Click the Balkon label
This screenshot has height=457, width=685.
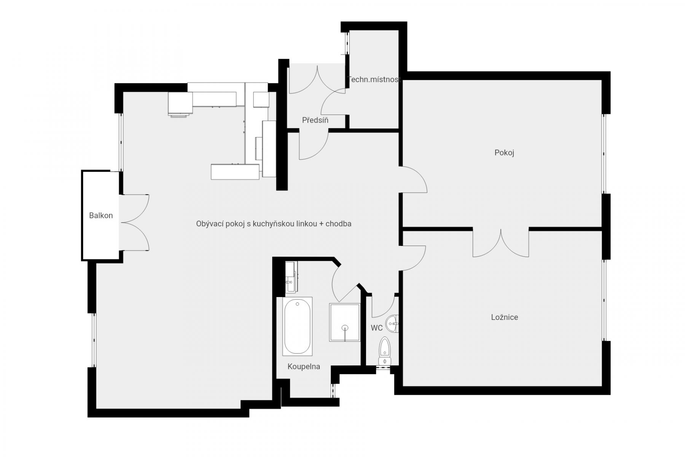click(101, 216)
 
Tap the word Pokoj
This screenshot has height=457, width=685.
click(504, 153)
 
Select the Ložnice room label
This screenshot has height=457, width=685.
click(505, 317)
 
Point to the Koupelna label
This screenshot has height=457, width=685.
click(304, 367)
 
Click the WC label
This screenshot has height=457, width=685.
click(377, 328)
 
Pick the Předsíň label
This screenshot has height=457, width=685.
click(315, 120)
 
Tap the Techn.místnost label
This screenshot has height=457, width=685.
click(375, 80)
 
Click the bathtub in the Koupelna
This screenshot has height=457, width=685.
click(298, 326)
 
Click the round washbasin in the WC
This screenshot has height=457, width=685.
click(392, 324)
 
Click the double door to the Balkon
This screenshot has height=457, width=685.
click(134, 223)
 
